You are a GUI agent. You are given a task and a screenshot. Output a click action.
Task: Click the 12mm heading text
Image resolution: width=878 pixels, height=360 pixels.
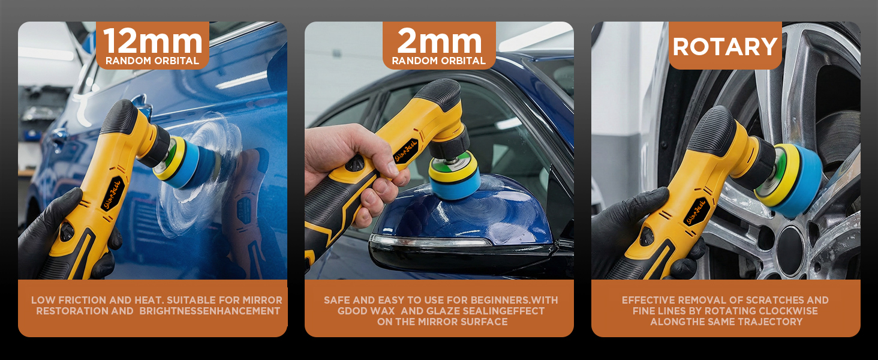point(152,41)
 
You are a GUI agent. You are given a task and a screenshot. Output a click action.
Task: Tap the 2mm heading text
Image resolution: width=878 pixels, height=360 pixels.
point(439,41)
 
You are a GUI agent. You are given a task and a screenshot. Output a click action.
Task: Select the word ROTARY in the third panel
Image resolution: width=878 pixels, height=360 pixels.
point(725,46)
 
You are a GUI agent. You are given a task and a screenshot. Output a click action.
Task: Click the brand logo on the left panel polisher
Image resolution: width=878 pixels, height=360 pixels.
point(113,195)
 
